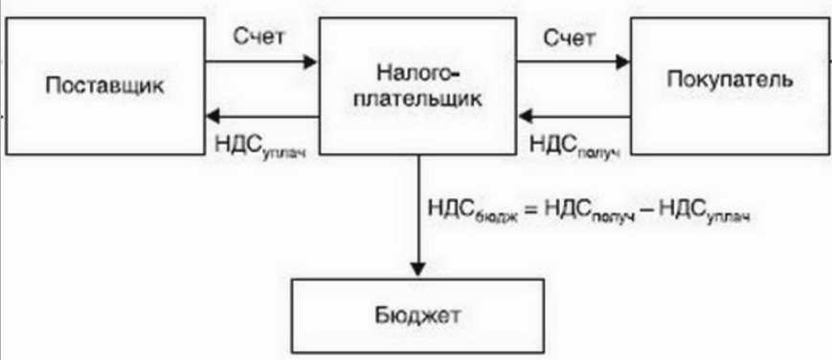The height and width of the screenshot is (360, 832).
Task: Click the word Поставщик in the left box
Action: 104,85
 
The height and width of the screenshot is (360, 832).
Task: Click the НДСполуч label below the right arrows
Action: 571,145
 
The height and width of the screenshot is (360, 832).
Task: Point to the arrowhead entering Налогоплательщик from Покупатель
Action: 526,117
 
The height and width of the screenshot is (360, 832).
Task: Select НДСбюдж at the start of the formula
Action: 469,212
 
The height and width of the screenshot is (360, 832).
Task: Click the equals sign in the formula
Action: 530,211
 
